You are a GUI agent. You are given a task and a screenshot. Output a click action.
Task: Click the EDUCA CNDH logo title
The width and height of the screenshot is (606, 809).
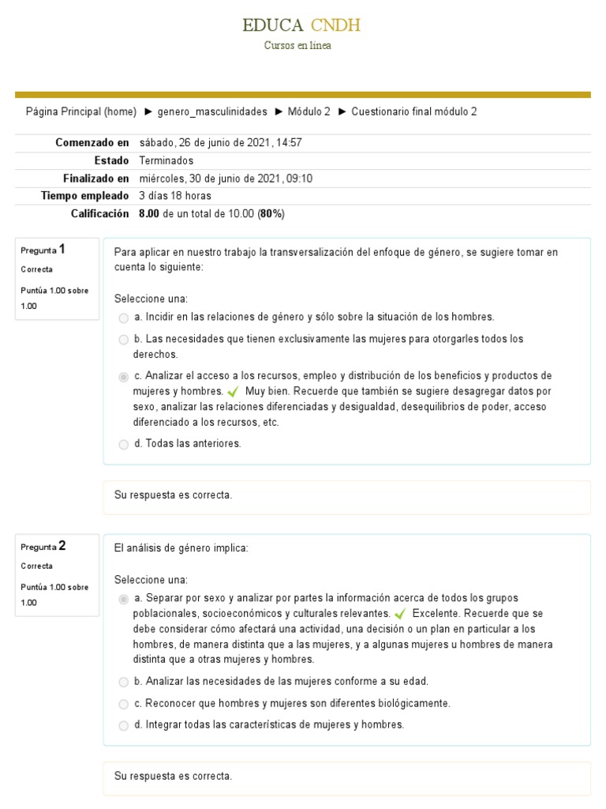[302, 25]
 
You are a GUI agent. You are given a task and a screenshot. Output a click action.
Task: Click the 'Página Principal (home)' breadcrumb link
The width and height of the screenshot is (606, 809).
[81, 111]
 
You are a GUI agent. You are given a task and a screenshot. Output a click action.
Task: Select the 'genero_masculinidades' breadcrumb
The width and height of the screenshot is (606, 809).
[212, 111]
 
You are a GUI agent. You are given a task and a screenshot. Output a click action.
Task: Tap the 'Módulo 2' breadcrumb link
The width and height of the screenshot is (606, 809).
[309, 111]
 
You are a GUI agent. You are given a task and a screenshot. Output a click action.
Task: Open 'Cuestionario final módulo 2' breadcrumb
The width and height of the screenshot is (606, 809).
[413, 111]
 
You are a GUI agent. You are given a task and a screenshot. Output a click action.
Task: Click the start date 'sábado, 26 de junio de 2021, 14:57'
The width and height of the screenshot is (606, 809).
[220, 143]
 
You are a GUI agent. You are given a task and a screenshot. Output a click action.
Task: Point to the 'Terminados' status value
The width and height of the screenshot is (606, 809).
[166, 160]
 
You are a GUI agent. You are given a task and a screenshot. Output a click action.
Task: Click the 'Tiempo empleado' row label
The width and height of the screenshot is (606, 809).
[84, 195]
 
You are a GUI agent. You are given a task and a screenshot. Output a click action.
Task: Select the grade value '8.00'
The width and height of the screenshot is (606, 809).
[149, 213]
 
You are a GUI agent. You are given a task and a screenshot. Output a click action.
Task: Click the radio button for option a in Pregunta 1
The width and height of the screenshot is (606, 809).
[123, 318]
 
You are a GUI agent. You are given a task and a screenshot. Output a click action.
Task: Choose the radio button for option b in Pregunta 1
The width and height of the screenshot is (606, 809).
[123, 340]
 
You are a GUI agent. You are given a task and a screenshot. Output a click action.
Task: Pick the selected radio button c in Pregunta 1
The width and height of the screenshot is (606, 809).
[123, 376]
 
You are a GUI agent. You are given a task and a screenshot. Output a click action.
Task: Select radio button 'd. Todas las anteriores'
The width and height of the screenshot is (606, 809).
[123, 444]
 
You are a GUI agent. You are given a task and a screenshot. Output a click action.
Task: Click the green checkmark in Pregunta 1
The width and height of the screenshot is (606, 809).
[233, 392]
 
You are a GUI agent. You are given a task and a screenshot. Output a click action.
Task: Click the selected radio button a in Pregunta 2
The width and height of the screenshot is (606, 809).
[123, 599]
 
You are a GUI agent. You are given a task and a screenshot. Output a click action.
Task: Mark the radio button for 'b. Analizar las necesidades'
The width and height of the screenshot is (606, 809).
[123, 682]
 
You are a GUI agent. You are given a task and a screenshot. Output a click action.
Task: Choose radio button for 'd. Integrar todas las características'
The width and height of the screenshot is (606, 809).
[123, 725]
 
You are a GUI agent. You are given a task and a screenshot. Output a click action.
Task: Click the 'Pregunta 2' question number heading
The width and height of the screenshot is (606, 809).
[43, 546]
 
